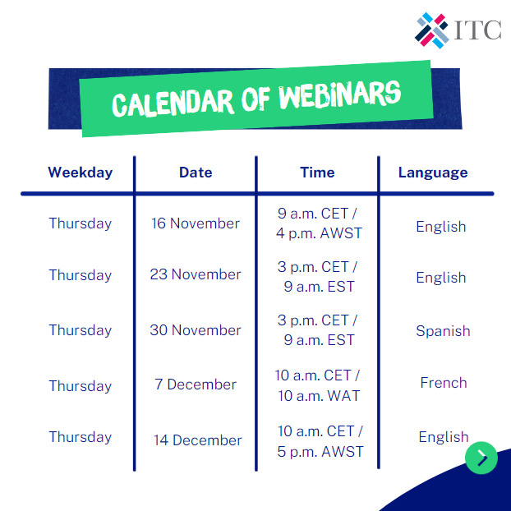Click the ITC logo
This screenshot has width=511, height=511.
[458, 30]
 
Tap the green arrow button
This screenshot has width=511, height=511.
[481, 458]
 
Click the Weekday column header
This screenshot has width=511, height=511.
[80, 173]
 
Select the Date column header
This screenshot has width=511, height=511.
[196, 173]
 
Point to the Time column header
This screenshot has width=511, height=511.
[317, 173]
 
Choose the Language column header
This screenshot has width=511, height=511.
[433, 173]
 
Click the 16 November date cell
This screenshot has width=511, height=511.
[196, 223]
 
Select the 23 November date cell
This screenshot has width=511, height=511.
[196, 274]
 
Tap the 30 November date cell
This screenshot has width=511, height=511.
[196, 330]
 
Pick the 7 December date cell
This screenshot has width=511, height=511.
[196, 384]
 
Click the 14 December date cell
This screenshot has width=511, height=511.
[197, 440]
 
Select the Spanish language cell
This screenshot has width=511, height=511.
[443, 331]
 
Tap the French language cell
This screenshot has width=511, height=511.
[444, 383]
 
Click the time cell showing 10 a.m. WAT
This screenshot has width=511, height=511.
[317, 386]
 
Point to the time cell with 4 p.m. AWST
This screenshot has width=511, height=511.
[317, 223]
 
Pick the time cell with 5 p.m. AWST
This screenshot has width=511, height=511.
[320, 441]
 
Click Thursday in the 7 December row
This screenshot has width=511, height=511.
[80, 386]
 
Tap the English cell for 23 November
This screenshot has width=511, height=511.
[441, 278]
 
